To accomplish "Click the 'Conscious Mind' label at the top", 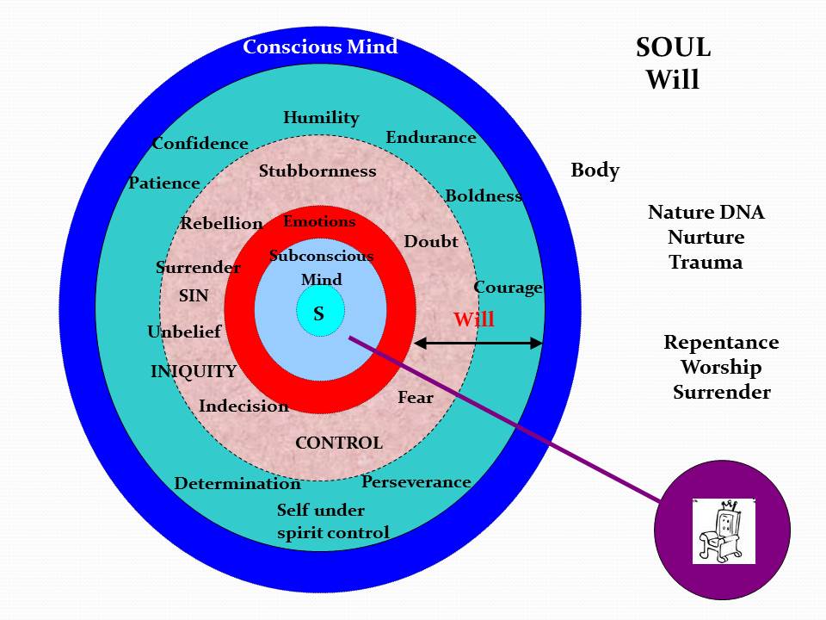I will [x=320, y=46].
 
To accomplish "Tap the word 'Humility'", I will [x=321, y=118].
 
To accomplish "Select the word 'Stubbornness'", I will [x=317, y=170].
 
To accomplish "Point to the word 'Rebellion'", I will [x=221, y=224].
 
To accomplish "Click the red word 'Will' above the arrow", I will [x=474, y=320].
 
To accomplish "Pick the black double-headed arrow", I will [x=478, y=343].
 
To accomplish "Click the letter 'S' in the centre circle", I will [x=319, y=314].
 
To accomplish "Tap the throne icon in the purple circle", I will [x=723, y=530].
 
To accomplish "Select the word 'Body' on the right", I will [x=595, y=170].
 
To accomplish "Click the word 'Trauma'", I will [x=706, y=263].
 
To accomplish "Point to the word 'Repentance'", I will [x=721, y=343].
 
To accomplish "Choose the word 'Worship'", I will [x=721, y=368].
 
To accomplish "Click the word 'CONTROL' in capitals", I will [x=339, y=443].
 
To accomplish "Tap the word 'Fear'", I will [x=415, y=398].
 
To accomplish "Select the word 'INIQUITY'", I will [x=194, y=372].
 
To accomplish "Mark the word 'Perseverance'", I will [x=416, y=481].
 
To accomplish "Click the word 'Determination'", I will [x=237, y=484].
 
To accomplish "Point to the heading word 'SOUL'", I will [x=673, y=48].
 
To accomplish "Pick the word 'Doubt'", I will [x=431, y=242].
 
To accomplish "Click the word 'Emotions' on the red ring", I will [x=319, y=221].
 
